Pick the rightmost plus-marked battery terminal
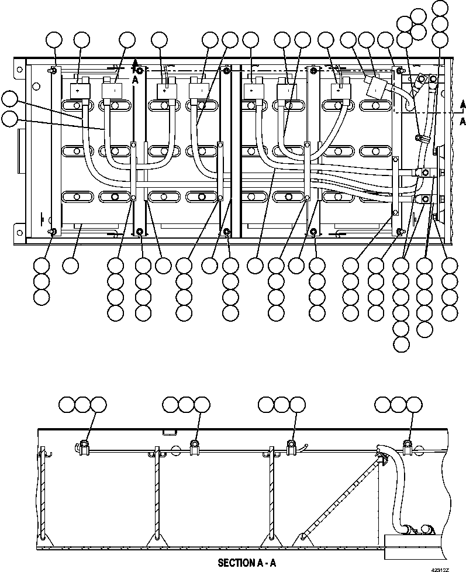click(339, 91)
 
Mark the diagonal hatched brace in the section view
click(339, 497)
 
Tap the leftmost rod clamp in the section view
click(84, 447)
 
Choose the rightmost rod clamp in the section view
click(408, 447)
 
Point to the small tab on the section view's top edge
click(169, 433)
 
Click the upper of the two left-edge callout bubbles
click(9, 99)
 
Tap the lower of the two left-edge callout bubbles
click(9, 118)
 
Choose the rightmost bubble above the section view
click(415, 404)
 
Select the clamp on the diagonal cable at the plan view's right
click(420, 139)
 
